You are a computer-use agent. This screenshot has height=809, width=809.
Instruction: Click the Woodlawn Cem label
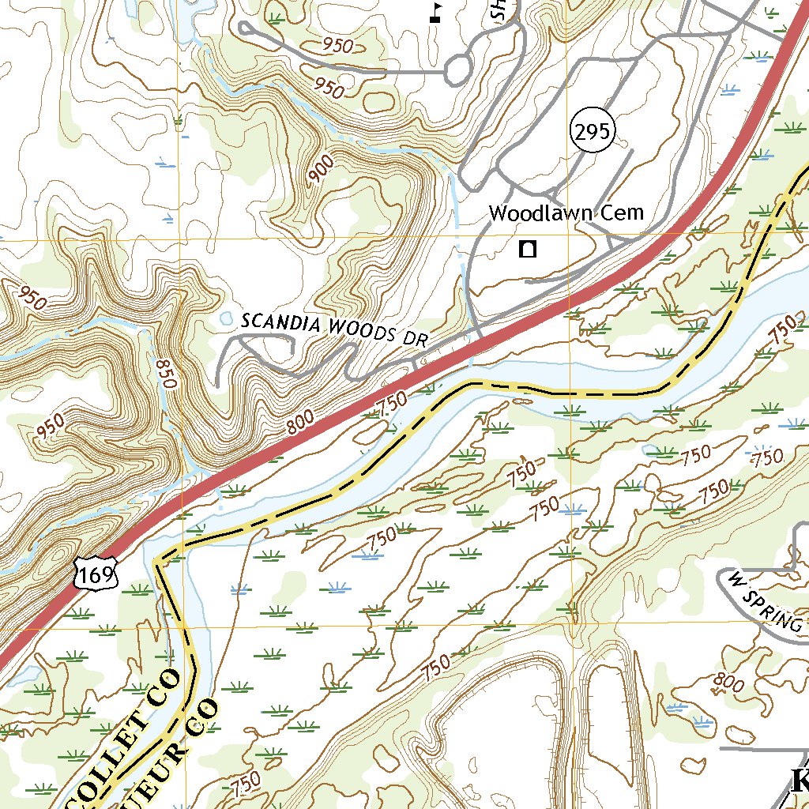pyautogui.click(x=566, y=213)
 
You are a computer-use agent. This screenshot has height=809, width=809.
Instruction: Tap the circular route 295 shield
pyautogui.click(x=592, y=132)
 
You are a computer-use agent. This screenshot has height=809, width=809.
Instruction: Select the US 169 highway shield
pyautogui.click(x=96, y=571)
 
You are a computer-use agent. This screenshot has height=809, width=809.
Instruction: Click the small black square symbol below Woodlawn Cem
pyautogui.click(x=528, y=250)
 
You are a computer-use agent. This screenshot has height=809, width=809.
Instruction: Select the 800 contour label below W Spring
pyautogui.click(x=727, y=681)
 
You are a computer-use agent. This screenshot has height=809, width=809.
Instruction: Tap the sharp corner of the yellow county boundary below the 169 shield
pyautogui.click(x=158, y=563)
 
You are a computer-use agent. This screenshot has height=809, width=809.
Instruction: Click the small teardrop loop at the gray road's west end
pyautogui.click(x=244, y=28)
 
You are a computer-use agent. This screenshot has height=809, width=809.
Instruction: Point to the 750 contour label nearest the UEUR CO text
pyautogui.click(x=246, y=784)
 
